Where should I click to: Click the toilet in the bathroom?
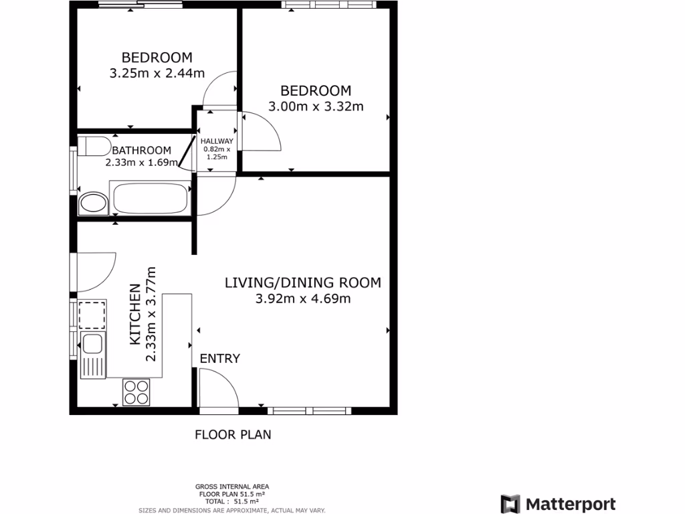[93, 146]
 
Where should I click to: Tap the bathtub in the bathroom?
[151, 199]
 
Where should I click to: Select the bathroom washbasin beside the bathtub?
[93, 204]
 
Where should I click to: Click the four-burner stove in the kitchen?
[136, 392]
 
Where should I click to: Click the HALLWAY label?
[217, 141]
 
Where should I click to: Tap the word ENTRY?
[219, 359]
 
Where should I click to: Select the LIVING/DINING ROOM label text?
[302, 282]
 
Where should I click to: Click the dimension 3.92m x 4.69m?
[302, 298]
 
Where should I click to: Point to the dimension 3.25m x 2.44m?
[157, 73]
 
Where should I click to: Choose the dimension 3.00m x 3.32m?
[316, 106]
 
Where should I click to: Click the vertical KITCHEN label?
[134, 315]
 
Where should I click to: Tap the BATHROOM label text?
[141, 151]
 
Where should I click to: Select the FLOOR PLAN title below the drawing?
[233, 434]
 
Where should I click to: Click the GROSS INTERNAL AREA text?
[232, 487]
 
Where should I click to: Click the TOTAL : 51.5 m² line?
[232, 501]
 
